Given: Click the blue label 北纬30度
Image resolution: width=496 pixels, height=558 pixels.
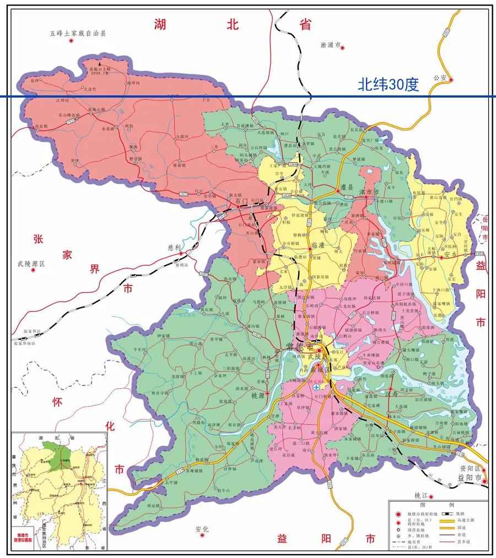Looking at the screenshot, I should [388, 84].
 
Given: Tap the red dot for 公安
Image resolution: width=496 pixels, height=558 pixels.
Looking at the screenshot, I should [451, 80].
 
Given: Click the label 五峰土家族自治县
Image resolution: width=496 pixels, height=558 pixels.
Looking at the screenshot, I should [77, 33].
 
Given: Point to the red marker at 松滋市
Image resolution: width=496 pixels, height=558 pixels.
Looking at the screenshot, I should [342, 48].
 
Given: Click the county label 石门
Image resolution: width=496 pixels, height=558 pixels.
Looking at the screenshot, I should [242, 202].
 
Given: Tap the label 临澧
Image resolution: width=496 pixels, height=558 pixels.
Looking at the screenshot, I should [319, 245].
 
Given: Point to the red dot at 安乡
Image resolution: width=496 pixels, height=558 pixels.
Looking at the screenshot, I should [441, 256].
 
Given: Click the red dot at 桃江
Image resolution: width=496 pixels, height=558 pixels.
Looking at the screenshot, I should [432, 496].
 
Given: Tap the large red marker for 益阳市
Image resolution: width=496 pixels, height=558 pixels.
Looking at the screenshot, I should [484, 481].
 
